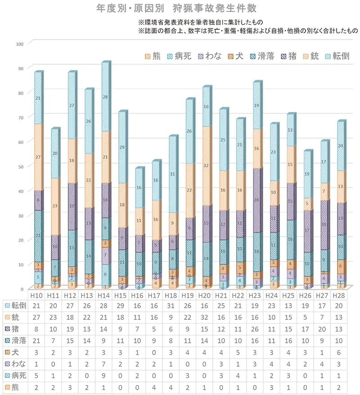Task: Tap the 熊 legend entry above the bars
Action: pyautogui.click(x=153, y=56)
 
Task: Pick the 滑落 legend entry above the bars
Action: pyautogui.click(x=260, y=56)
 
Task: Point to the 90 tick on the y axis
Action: pyautogui.click(x=19, y=67)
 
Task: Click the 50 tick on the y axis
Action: pyautogui.click(x=19, y=166)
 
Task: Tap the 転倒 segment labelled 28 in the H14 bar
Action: pyautogui.click(x=106, y=97)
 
